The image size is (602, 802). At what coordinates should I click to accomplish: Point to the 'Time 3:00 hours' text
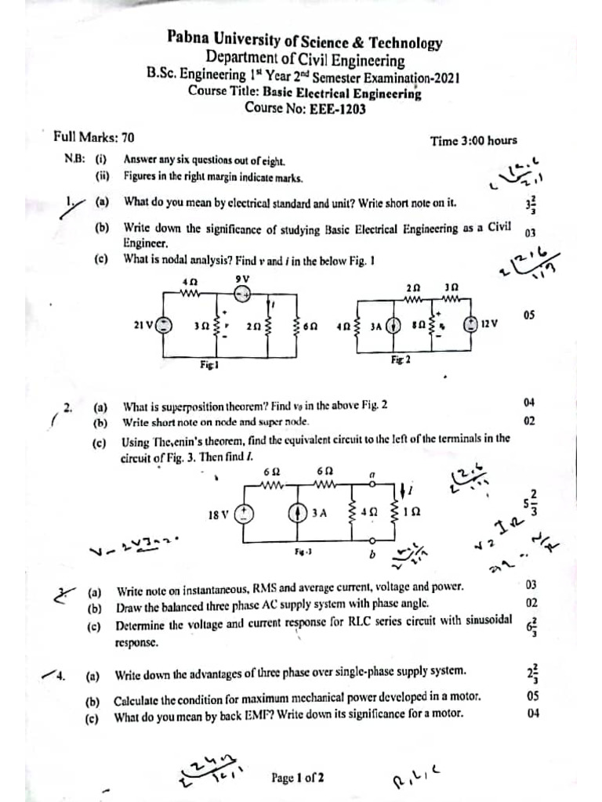coord(473,141)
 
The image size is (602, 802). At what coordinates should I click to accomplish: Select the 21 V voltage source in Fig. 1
coord(164,325)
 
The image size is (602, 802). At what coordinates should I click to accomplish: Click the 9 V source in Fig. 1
coord(243,294)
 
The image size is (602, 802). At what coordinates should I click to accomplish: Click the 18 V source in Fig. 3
coord(245,514)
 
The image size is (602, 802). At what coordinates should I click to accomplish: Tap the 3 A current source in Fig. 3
coord(298,514)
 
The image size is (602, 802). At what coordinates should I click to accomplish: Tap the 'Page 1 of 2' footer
coord(297,778)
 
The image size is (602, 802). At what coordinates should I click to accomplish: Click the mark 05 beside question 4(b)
coord(532,695)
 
